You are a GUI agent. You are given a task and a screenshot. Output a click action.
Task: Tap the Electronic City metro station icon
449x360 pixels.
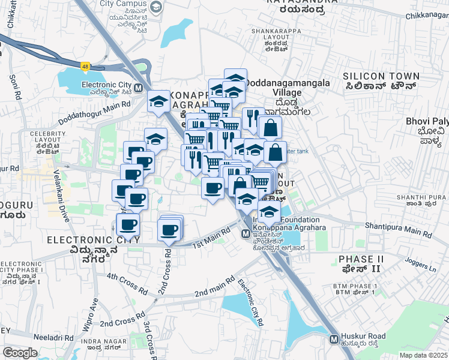coord(139,88)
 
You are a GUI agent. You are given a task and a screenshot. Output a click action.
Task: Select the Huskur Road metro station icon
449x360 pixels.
coord(334,340)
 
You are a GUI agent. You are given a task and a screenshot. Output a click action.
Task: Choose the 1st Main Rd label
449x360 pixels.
coord(211,238)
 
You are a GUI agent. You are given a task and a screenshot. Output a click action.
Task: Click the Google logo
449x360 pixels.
coord(20,353)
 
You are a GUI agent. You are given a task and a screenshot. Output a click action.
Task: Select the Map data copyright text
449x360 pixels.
coord(424,355)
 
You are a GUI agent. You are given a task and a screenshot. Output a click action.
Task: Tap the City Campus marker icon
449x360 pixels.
coord(156,7)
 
